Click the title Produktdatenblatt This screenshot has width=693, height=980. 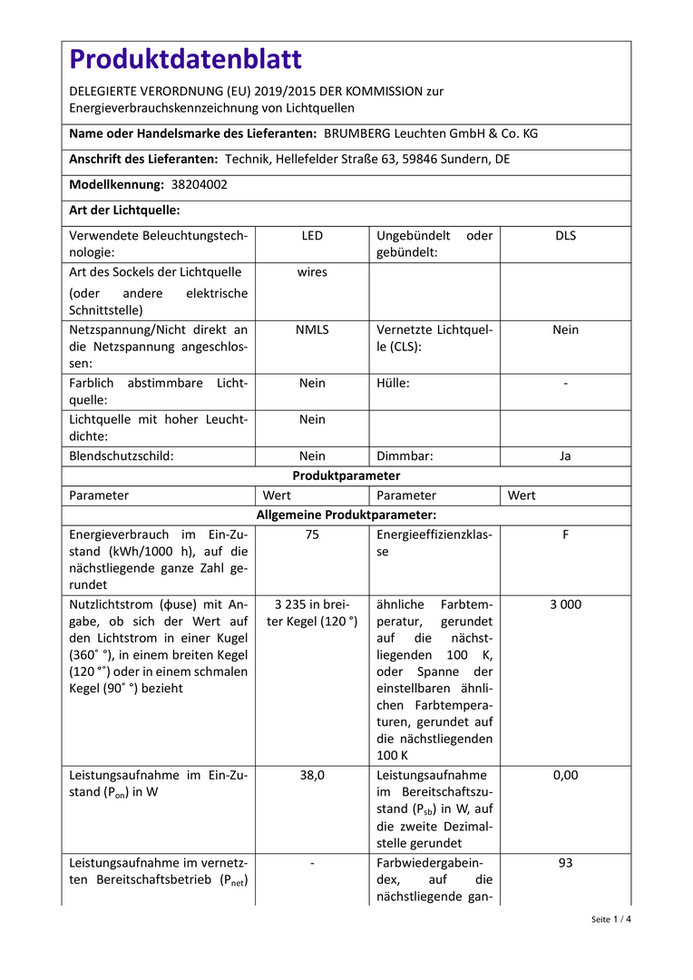click(185, 60)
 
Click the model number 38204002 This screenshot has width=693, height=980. click(200, 184)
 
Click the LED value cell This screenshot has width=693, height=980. click(312, 236)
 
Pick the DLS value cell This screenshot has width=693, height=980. click(565, 236)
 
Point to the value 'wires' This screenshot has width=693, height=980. click(312, 272)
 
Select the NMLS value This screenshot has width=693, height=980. click(312, 330)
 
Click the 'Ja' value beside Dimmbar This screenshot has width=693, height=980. click(565, 456)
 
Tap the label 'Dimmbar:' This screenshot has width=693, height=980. click(405, 456)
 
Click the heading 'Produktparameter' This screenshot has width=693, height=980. click(346, 475)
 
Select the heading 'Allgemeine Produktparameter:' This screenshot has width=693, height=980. click(346, 514)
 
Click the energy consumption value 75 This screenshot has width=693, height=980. click(312, 535)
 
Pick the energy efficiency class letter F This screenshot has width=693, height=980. click(565, 535)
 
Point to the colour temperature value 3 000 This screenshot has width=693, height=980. click(565, 604)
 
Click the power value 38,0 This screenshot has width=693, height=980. click(312, 775)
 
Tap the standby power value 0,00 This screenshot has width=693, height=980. click(565, 775)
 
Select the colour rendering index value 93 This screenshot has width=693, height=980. click(565, 863)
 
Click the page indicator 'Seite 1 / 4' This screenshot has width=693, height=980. click(610, 919)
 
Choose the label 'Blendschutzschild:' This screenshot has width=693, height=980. click(122, 456)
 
